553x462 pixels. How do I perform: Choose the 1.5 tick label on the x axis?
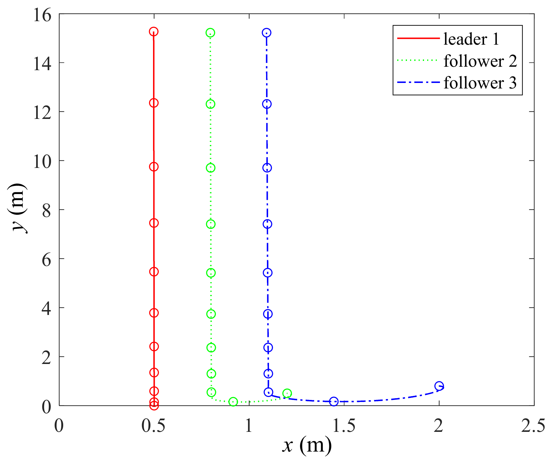click(x=344, y=426)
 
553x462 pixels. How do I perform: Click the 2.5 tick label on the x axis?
click(x=533, y=426)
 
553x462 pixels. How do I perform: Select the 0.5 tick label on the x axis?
click(x=153, y=426)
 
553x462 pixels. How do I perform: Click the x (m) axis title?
click(x=307, y=445)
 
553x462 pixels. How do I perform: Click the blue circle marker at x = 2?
click(x=439, y=386)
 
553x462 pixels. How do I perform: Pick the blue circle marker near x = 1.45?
click(x=334, y=401)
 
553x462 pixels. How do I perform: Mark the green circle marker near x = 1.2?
click(x=287, y=393)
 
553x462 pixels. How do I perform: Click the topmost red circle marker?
click(x=154, y=31)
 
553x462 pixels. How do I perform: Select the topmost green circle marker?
click(x=210, y=33)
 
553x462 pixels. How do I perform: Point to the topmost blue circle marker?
click(x=267, y=33)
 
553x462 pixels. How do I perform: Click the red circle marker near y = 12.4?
click(x=154, y=103)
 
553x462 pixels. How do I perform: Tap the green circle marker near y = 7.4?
click(x=211, y=224)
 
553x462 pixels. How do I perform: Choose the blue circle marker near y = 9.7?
click(x=267, y=168)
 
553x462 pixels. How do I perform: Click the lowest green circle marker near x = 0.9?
click(x=233, y=402)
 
